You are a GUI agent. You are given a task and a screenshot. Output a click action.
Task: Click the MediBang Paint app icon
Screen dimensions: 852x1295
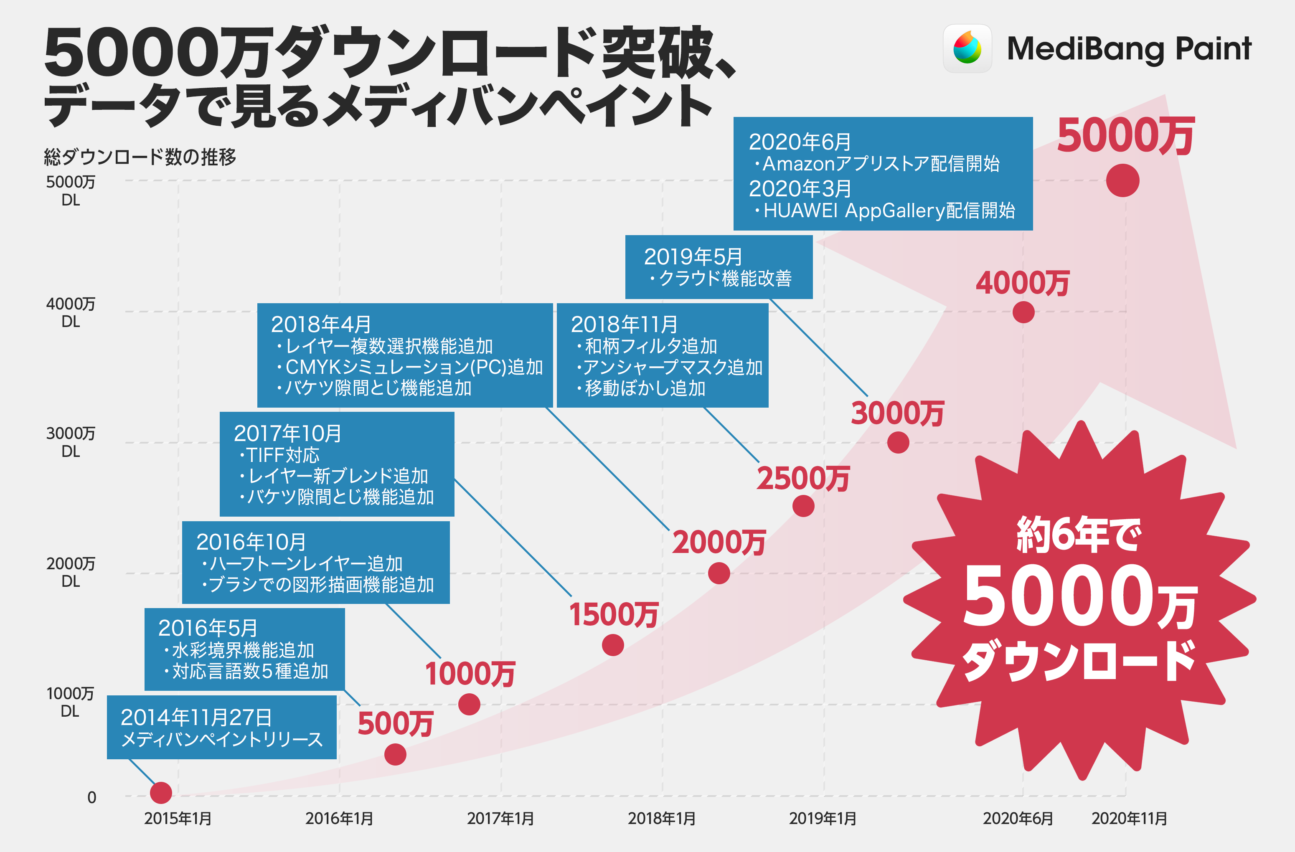[x=967, y=48]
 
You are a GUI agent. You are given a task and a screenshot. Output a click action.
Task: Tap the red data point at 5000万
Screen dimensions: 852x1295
[x=1122, y=180]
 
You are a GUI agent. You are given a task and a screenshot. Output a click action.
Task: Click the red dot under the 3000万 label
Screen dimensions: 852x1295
[x=898, y=442]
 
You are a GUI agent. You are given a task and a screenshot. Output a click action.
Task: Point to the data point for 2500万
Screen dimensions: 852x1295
[x=803, y=506]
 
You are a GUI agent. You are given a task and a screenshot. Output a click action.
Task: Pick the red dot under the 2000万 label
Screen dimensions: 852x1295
[x=719, y=573]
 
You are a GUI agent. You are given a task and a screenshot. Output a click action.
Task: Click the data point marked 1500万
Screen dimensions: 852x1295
[x=613, y=645]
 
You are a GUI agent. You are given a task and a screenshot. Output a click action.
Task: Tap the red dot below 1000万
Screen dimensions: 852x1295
[x=469, y=704]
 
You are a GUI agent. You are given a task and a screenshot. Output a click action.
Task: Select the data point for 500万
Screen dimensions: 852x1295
[x=395, y=754]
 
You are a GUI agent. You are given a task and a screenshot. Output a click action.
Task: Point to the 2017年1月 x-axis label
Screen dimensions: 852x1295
[x=500, y=818]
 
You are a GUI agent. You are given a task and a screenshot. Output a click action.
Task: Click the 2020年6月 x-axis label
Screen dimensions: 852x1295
[x=1018, y=818]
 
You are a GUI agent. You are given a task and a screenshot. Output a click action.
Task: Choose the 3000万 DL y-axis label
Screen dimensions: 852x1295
[x=71, y=442]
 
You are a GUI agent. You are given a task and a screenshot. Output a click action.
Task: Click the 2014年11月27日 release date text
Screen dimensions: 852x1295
[x=196, y=718]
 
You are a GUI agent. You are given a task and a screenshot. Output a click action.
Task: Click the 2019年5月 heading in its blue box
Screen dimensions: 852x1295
[x=693, y=257]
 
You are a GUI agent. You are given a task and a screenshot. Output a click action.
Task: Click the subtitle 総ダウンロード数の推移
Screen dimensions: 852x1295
[x=140, y=157]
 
